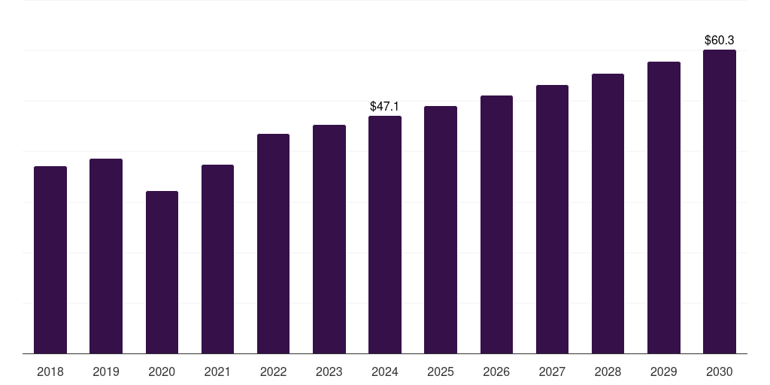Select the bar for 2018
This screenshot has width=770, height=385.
point(50,259)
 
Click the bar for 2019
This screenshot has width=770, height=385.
point(106,256)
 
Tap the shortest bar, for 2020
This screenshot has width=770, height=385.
point(162,272)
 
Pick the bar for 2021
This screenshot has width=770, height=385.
point(217,259)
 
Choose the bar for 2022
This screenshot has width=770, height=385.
point(273,244)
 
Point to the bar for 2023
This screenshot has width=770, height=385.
point(329,239)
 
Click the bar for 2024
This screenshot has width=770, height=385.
point(385,235)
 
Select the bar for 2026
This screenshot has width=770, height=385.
point(496,224)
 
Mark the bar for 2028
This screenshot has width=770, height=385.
point(608,214)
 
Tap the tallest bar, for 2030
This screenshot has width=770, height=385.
point(720,202)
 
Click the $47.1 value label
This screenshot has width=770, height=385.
point(384,107)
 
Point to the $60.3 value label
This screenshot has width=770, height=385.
point(719,40)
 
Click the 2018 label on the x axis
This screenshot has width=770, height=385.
point(50,371)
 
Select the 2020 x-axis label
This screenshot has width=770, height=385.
point(162,371)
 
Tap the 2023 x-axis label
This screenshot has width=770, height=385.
point(329,371)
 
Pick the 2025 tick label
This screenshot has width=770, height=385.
point(441,371)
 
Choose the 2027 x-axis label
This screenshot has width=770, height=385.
point(552,371)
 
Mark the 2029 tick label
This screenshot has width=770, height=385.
point(663,371)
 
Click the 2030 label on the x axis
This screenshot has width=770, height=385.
point(720,371)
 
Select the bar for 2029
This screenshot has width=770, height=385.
point(664,208)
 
